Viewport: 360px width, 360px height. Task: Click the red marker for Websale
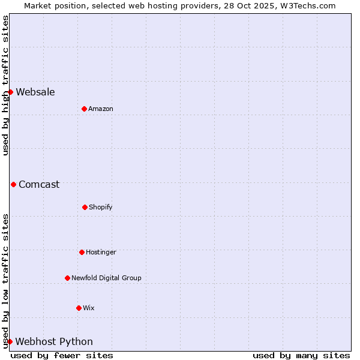click(10, 92)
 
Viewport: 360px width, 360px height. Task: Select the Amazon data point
click(84, 109)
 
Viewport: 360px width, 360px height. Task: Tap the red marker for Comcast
click(13, 184)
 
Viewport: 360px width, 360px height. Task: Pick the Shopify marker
click(85, 207)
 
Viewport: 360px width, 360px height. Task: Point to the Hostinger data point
click(82, 252)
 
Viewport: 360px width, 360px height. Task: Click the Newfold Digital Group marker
click(67, 278)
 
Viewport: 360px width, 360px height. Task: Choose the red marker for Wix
click(79, 308)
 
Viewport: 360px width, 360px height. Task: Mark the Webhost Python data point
click(10, 341)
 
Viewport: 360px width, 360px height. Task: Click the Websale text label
click(35, 92)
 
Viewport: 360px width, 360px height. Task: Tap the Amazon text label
click(101, 109)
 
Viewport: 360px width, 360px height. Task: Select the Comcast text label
click(39, 184)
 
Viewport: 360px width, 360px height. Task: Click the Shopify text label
click(101, 207)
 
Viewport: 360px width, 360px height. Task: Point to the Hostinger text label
click(101, 252)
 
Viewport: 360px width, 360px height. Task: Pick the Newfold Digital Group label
click(106, 278)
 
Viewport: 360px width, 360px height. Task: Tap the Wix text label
click(89, 308)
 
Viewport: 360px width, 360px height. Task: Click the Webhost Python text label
click(54, 342)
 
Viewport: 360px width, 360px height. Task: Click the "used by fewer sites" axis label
click(62, 355)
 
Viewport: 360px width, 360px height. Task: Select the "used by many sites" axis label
click(301, 355)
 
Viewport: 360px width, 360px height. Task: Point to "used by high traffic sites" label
click(5, 85)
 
